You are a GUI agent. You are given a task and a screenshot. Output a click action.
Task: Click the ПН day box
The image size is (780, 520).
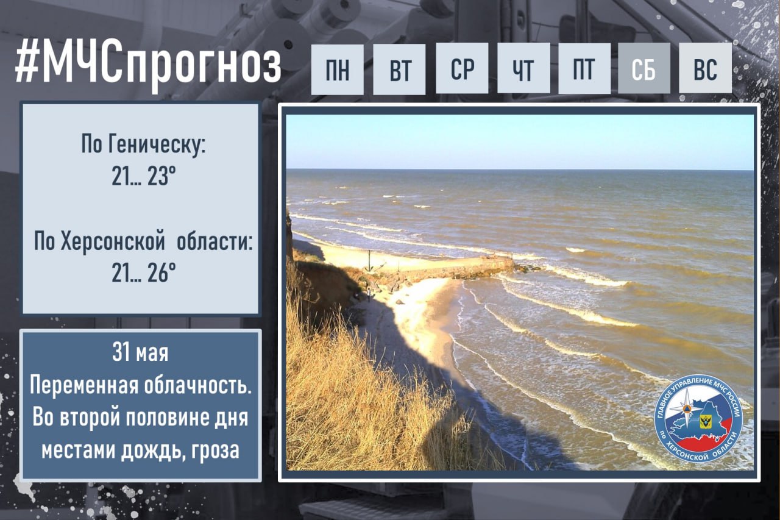pos(338,69)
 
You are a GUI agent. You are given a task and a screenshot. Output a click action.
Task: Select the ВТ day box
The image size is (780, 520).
pos(399,69)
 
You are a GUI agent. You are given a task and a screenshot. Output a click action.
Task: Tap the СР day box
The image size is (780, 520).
pos(462,68)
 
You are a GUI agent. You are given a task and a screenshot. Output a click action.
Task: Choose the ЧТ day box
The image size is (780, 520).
pos(523,68)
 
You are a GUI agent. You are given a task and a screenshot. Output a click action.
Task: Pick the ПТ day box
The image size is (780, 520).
pos(584,68)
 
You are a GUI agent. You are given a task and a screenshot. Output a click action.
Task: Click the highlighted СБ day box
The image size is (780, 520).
pos(644,68)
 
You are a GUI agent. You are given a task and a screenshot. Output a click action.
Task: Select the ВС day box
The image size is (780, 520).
pos(705,68)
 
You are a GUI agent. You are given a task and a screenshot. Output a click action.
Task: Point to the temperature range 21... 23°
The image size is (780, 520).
pos(143,176)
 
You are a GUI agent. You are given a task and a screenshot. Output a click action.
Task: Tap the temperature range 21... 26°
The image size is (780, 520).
pos(143,272)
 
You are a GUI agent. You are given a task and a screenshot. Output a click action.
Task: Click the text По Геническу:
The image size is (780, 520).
pos(143,144)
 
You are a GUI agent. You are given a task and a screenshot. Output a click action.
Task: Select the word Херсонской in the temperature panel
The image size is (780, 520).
pos(113,241)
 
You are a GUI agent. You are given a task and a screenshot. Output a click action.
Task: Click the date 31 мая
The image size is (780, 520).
pos(140,352)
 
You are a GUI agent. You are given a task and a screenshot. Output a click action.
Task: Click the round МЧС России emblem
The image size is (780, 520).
pos(698,419)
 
